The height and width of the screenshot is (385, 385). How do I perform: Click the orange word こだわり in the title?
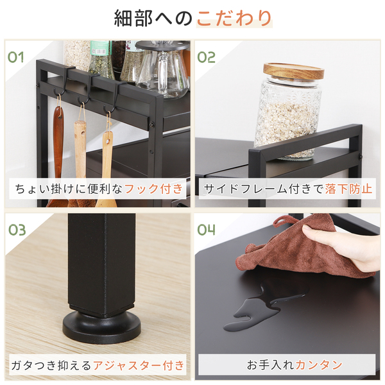[x=234, y=18]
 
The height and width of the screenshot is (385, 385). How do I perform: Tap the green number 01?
[x=15, y=57]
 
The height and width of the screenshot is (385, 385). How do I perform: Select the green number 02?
[x=206, y=57]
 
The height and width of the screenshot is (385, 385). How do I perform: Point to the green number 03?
[x=17, y=230]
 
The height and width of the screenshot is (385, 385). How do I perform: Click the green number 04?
[x=206, y=230]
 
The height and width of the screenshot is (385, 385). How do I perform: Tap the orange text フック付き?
[x=154, y=189]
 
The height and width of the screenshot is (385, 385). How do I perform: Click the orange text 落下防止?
[x=348, y=189]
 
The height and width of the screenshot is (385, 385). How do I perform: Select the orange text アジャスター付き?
[x=139, y=366]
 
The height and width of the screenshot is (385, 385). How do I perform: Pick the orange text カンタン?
[x=319, y=365]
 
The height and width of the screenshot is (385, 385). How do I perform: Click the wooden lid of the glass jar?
[x=293, y=71]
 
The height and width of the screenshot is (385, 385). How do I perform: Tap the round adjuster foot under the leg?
[x=101, y=327]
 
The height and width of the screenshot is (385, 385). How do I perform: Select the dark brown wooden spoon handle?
[x=58, y=137]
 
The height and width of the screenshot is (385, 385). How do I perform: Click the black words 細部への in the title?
[x=153, y=18]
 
